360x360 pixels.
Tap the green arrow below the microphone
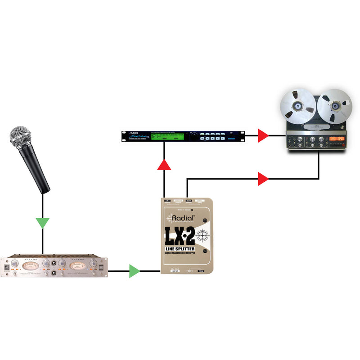tap(43, 223)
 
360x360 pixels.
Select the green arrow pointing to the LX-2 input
tap(135, 271)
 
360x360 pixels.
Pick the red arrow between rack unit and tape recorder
tap(263, 135)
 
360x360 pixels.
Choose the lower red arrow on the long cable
tap(263, 179)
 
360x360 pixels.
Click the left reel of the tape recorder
tap(297, 107)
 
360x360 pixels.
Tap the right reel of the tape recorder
tap(333, 107)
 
